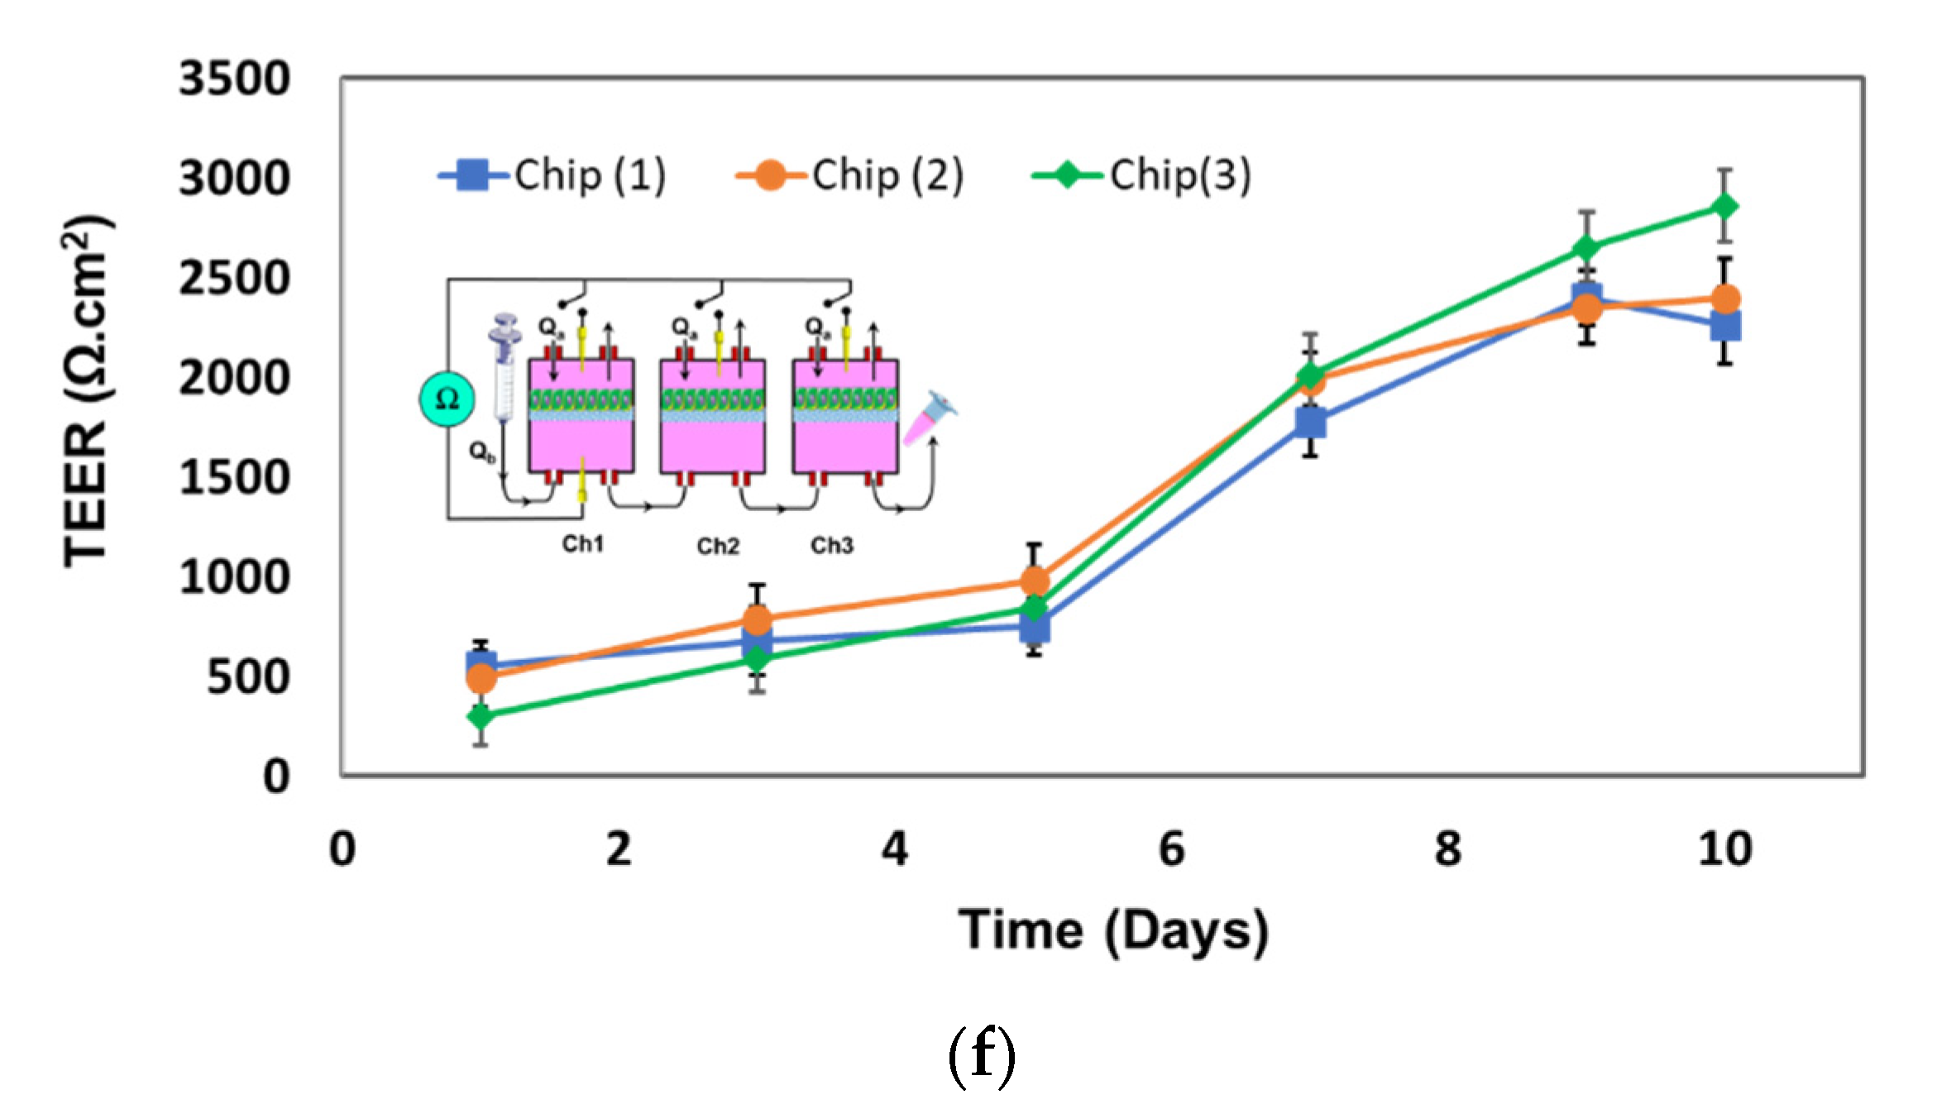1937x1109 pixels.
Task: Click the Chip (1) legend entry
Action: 552,175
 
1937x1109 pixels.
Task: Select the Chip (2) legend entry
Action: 850,175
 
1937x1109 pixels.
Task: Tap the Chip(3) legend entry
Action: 1142,175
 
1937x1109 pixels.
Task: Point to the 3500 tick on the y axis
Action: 235,79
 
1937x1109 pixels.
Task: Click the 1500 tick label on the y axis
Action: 235,478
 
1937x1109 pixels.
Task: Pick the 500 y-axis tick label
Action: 248,677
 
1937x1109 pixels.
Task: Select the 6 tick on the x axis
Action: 1172,849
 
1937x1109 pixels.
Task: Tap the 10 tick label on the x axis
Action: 1724,849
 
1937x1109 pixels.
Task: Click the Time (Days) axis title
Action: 1113,930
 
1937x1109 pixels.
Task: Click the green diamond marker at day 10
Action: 1724,206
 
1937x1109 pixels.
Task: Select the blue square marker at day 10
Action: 1725,327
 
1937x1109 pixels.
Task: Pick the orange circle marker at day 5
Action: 1034,581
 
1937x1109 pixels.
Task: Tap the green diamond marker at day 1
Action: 481,715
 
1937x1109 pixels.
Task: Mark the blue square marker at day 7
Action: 1311,423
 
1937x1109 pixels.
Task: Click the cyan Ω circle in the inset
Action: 447,399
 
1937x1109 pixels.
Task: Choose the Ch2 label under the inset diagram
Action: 717,546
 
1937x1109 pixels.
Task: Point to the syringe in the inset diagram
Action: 505,364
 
